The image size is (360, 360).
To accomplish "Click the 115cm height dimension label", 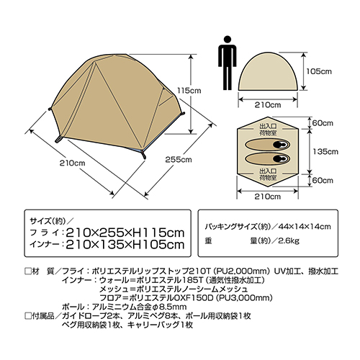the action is tap(189, 91).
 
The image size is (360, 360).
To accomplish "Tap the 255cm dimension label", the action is tap(179, 160).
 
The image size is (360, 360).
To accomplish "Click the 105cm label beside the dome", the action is tap(319, 71).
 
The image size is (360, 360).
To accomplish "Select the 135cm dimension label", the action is tap(325, 151).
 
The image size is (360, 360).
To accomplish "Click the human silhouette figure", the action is tap(227, 63).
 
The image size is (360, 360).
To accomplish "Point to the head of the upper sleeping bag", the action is tap(281, 145).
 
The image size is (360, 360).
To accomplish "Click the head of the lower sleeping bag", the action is tap(281, 158).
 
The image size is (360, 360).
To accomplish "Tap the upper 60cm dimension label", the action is tap(323, 123).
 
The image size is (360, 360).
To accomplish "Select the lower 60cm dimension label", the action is tap(323, 180).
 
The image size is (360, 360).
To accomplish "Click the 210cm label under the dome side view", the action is tap(268, 105).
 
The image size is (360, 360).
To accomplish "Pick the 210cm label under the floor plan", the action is tap(268, 197).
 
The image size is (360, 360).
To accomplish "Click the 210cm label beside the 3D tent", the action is tap(73, 163).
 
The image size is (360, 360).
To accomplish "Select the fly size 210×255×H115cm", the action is tap(125, 233).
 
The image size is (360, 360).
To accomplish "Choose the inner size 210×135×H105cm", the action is tap(125, 245).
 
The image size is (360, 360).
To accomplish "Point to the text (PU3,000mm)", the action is tap(244, 298).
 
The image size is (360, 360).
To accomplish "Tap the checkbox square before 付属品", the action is tap(28, 316).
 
